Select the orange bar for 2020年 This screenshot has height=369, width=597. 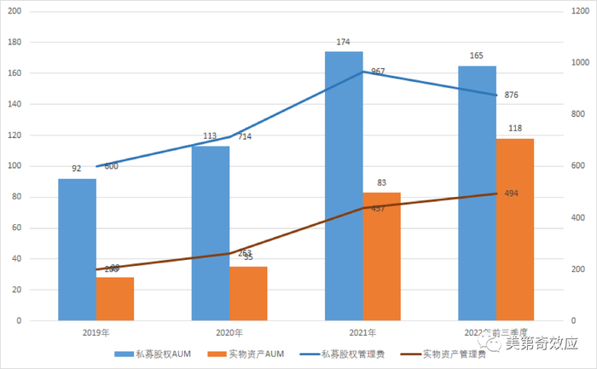click(x=248, y=293)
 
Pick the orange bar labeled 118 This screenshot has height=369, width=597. click(x=514, y=229)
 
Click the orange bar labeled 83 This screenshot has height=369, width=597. click(x=381, y=257)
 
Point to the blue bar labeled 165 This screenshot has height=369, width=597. click(x=477, y=193)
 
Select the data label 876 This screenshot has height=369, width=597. click(x=512, y=95)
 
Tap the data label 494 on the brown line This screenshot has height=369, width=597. click(x=512, y=193)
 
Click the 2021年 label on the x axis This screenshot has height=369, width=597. click(x=362, y=332)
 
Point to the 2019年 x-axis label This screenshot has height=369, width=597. click(x=96, y=332)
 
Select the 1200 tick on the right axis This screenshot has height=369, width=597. click(x=581, y=11)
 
